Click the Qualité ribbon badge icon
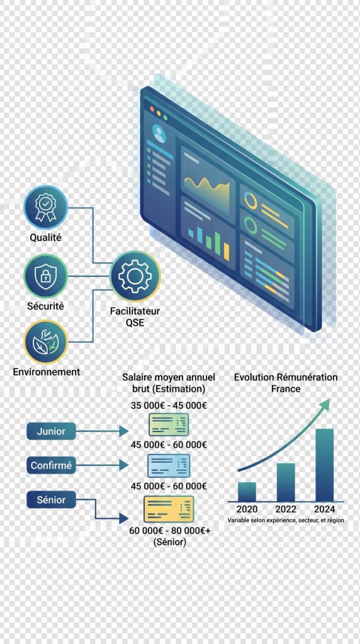point(45,208)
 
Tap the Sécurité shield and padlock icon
point(45,276)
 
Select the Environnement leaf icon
point(45,342)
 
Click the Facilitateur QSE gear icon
point(135,275)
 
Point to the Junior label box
point(51,431)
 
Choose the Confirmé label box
point(51,465)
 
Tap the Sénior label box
point(51,500)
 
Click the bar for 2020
point(247,492)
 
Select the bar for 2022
point(286,482)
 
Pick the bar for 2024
point(324,465)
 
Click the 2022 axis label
point(286,509)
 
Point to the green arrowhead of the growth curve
point(325,404)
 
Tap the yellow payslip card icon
point(169,509)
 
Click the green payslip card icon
point(169,425)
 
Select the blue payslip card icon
point(169,465)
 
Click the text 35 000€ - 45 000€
point(169,406)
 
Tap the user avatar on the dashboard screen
point(159,133)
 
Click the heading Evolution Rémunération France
point(286,383)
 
